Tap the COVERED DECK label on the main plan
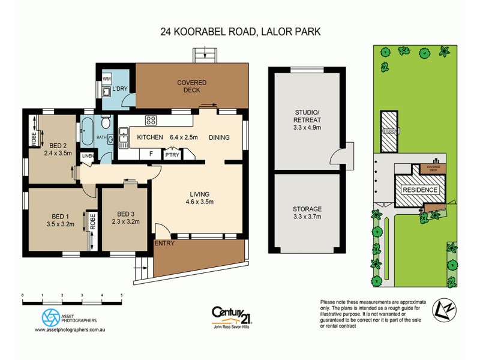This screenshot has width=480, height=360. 191,86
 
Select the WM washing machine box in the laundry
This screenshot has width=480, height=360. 107,79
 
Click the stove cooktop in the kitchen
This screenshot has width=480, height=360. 151,120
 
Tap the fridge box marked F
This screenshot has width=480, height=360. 151,154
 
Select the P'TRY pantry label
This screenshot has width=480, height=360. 172,154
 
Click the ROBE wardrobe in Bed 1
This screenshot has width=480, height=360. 92,229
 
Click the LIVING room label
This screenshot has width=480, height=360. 199,194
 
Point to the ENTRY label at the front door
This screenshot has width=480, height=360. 163,243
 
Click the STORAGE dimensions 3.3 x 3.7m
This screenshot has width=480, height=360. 308,217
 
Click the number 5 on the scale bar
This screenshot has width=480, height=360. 122,296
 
